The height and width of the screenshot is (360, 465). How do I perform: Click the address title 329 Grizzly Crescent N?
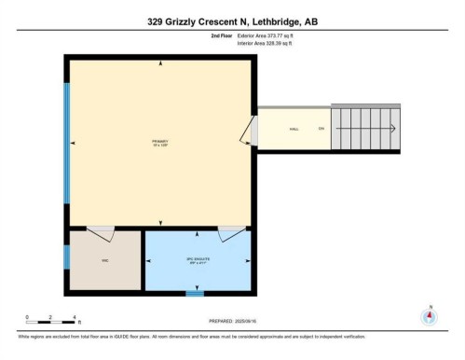(232, 21)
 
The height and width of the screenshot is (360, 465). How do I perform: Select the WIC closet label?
(105, 260)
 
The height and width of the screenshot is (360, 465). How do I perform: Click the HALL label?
(294, 129)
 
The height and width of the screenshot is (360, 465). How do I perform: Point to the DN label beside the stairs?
(321, 129)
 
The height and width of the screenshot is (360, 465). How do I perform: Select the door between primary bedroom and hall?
(250, 132)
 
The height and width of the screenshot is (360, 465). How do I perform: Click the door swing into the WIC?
(100, 229)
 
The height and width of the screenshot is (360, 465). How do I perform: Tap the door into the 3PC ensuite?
(232, 229)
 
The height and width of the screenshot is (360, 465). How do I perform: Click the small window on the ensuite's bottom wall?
(194, 294)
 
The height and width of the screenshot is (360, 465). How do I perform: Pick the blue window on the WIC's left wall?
(66, 257)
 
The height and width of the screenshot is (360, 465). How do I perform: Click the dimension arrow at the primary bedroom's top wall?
(161, 63)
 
